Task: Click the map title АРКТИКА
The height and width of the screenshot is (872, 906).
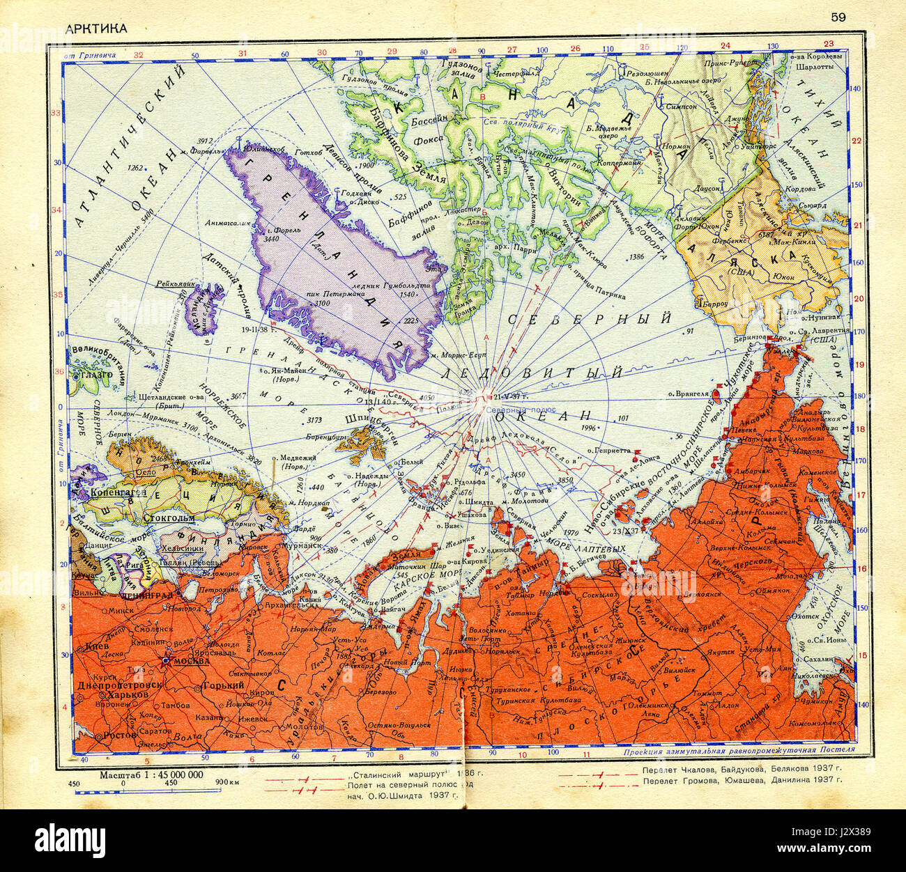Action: [x=96, y=28]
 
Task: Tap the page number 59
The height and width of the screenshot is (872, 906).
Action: [x=838, y=17]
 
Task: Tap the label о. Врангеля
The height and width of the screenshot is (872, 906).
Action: [x=691, y=391]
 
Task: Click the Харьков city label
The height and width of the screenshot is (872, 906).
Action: [x=125, y=694]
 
